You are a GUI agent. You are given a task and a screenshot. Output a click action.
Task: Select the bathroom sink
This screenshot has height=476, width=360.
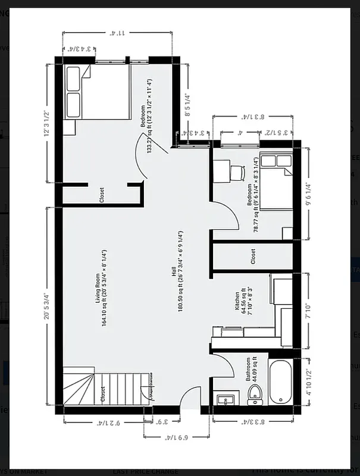226,399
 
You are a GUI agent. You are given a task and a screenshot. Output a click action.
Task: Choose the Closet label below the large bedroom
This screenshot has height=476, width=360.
102,195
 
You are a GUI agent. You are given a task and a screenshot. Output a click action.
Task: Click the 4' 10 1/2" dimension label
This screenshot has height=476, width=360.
308,382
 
